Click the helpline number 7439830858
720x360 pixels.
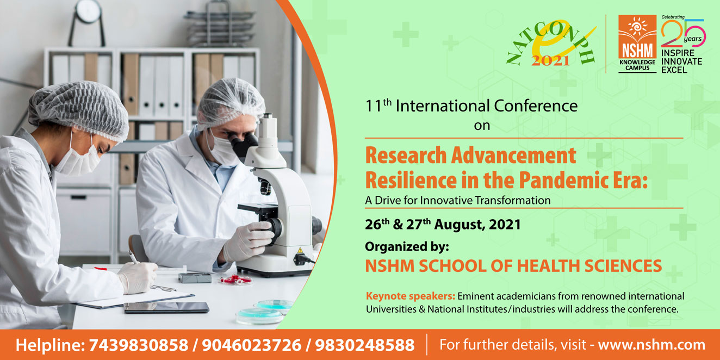pos(139,345)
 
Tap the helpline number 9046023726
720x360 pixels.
pos(252,345)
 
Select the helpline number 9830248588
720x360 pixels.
pos(365,345)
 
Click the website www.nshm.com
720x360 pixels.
pos(651,345)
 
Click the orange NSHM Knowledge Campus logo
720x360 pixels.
pos(637,44)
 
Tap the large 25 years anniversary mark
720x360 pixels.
pos(683,33)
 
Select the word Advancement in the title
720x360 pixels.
pos(513,156)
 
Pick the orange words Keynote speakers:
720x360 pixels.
pos(411,296)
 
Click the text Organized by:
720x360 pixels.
pos(407,247)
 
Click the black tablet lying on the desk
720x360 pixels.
pos(166,308)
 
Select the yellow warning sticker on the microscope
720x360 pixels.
pos(300,250)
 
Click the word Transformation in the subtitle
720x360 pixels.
pos(513,201)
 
